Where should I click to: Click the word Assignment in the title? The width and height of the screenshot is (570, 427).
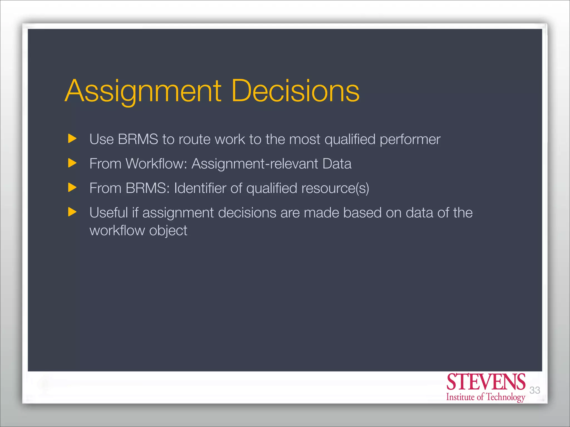pos(143,91)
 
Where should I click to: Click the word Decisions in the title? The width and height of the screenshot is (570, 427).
pos(295,91)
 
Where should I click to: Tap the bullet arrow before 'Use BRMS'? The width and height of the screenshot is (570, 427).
pos(72,138)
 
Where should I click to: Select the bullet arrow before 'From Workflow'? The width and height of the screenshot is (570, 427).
pos(72,163)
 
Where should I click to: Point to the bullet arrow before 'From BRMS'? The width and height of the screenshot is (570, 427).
pos(72,188)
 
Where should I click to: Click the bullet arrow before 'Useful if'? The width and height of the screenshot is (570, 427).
pos(72,212)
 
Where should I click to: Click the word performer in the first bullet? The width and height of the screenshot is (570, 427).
pos(410,140)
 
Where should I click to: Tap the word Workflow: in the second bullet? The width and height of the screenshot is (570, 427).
pos(156,163)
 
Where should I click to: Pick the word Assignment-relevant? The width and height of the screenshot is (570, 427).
pos(255,164)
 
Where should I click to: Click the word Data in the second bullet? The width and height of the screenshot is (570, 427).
pos(337,163)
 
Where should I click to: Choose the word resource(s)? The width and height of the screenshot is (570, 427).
pos(335,188)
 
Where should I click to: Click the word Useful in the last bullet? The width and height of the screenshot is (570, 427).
pos(108,213)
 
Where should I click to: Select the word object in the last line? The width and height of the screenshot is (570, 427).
pos(168,231)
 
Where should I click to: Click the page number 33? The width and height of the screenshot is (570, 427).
pos(534,390)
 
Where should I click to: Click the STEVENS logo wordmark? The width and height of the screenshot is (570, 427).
pos(486,382)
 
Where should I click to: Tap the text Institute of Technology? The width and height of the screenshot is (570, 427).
pos(486,397)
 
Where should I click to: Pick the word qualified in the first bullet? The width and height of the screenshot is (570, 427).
pos(350,140)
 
